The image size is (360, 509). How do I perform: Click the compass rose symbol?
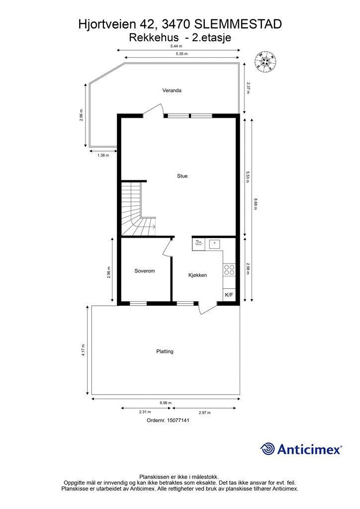[266, 61]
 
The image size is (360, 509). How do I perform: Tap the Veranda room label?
[172, 90]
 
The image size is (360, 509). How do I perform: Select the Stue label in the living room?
[182, 176]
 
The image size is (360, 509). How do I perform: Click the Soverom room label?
[145, 271]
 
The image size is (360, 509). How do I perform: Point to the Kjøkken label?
[197, 275]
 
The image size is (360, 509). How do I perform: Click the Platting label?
[165, 351]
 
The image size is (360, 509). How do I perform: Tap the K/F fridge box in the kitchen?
[229, 295]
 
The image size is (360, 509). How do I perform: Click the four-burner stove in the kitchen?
[229, 270]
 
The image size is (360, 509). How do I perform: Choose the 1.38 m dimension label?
[103, 155]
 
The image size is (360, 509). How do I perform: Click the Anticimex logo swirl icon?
[268, 449]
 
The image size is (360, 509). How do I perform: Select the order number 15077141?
[168, 420]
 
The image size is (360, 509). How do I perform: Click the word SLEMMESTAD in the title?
[238, 24]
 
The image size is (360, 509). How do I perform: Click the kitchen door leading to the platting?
[205, 307]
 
